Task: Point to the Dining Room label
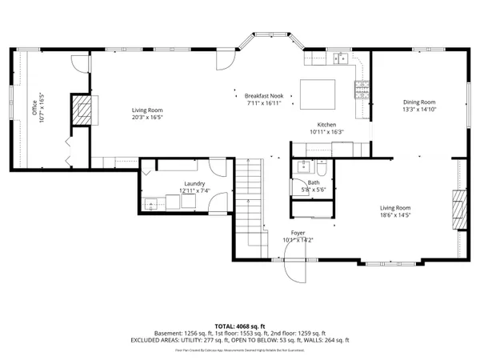[419, 102]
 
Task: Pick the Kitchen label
[326, 125]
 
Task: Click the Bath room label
[313, 183]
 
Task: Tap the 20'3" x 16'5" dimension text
[147, 117]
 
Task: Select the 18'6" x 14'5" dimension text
[394, 214]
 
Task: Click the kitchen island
[318, 94]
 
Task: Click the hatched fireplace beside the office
[82, 110]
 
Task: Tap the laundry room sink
[153, 203]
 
